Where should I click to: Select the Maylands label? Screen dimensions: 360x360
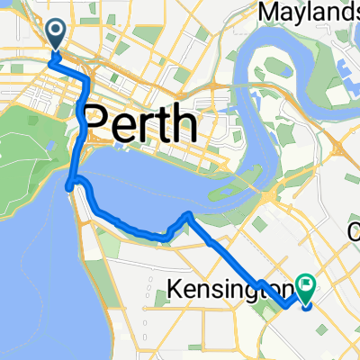pos(309,12)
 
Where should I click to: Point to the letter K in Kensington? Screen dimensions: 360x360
pos(175,290)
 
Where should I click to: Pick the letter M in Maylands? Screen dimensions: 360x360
pos(265,12)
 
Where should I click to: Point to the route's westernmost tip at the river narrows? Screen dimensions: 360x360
pos(68,187)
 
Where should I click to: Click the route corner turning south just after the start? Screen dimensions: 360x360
pos(86,82)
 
